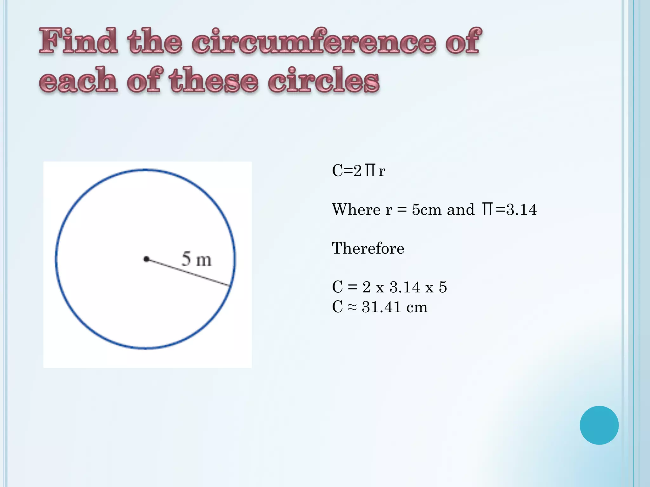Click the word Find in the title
pos(78,41)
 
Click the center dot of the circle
pos(146,259)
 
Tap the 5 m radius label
pos(196,259)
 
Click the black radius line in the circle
pos(189,273)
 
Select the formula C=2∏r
pos(358,171)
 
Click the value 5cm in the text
pos(427,210)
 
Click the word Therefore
pos(368,248)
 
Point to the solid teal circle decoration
pos(599,425)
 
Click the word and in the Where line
pos(460,210)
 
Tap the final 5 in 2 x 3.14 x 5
pos(443,287)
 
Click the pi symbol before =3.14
pos(487,209)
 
